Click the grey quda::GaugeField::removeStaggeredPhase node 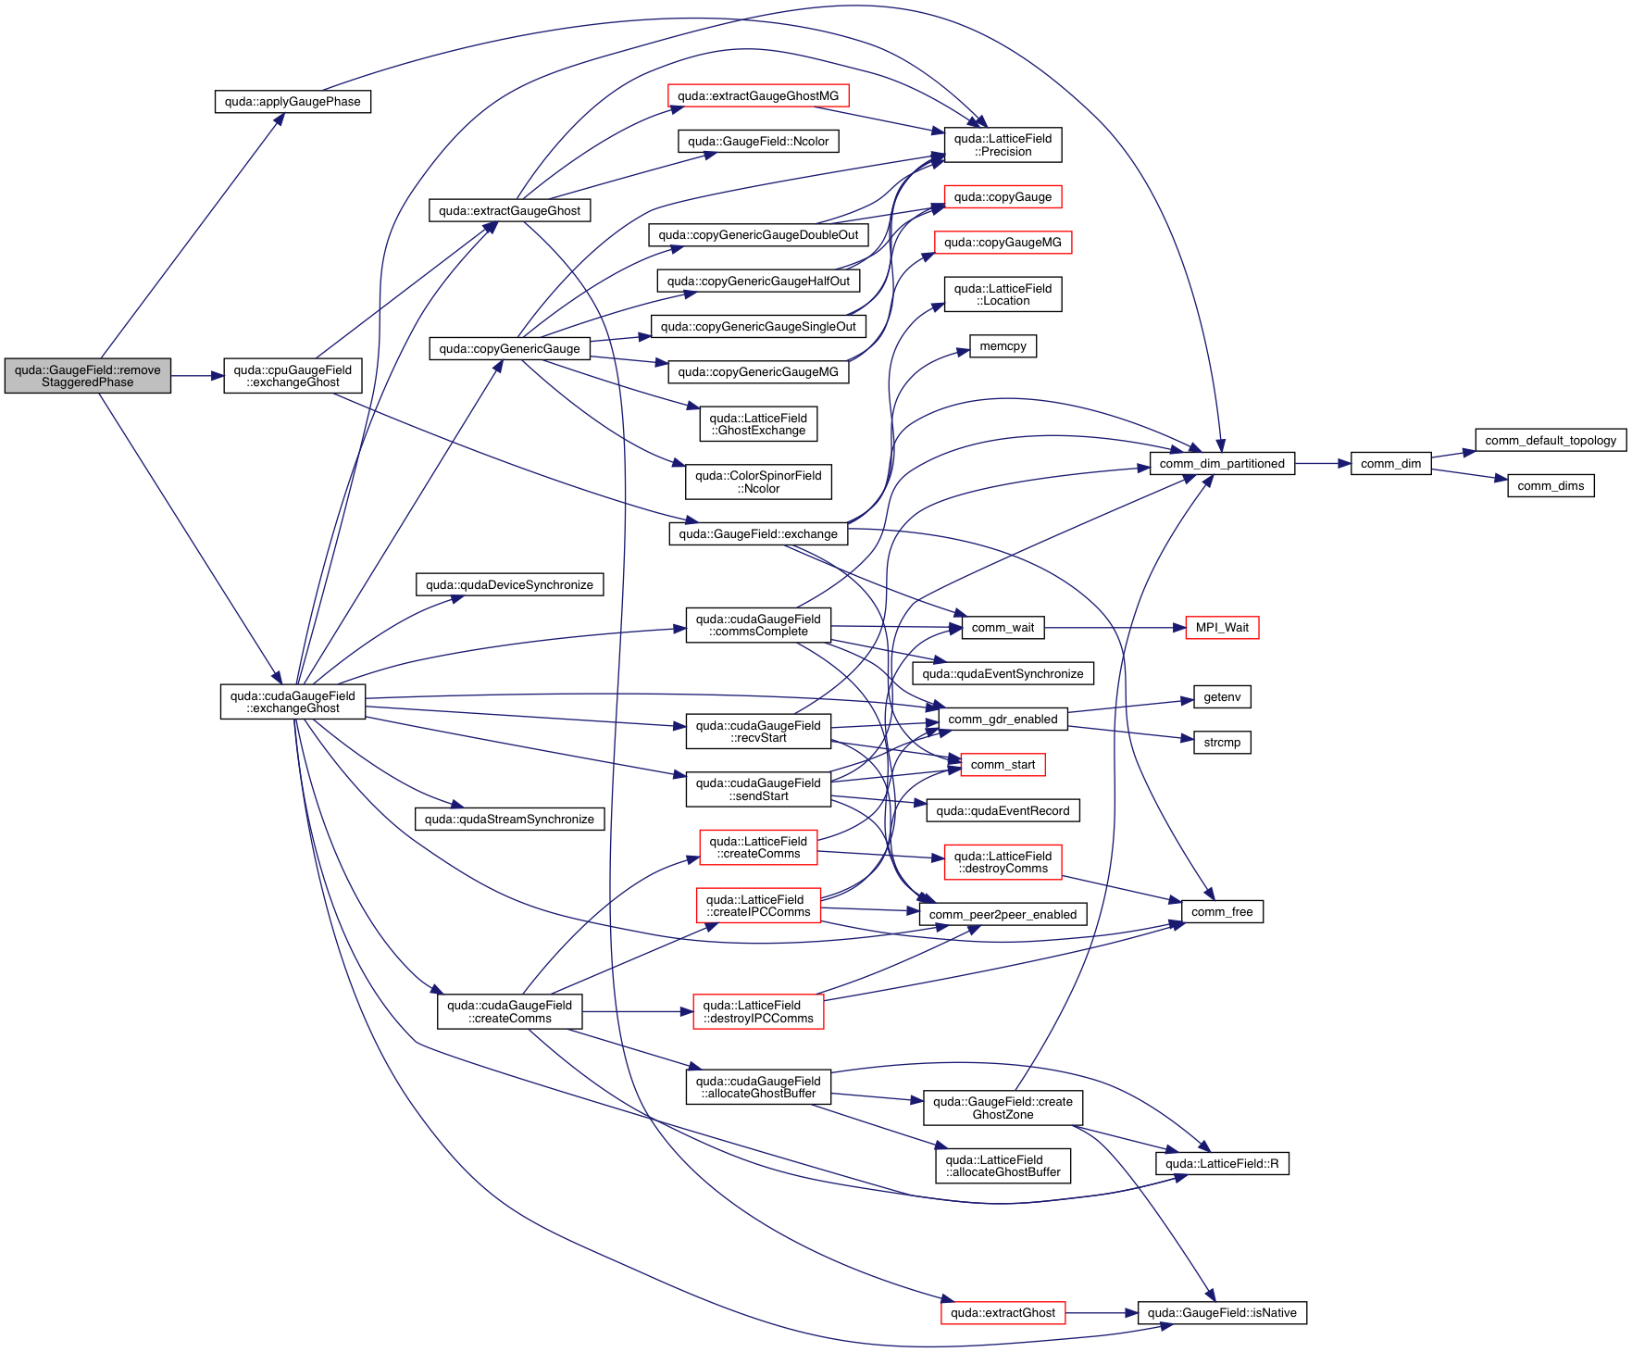tap(88, 376)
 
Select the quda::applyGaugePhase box tap(293, 102)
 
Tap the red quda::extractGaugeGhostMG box tap(757, 96)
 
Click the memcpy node tap(1003, 346)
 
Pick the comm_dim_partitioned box tap(1222, 464)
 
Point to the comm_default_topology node tap(1551, 441)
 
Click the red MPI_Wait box tap(1222, 628)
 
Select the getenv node tap(1222, 697)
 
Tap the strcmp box tap(1222, 743)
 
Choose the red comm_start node tap(1003, 765)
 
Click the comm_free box tap(1222, 912)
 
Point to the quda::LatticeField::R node tap(1222, 1164)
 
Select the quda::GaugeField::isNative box tap(1222, 1313)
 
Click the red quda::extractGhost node tap(1003, 1313)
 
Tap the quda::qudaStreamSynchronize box tap(509, 820)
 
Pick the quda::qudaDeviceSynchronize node tap(509, 585)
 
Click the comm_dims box tap(1551, 486)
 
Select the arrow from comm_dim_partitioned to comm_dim tap(1323, 464)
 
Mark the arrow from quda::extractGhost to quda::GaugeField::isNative tap(1102, 1313)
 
